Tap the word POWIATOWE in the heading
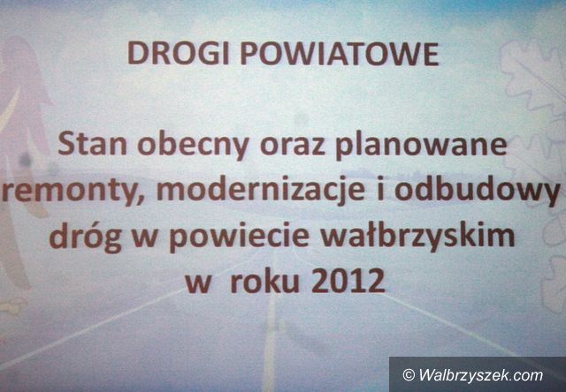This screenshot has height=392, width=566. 340,54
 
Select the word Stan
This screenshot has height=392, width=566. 92,145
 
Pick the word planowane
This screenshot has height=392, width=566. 421,147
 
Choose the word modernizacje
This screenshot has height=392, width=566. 261,192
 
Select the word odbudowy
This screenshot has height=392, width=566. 478,192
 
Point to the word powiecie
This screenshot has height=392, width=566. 239,237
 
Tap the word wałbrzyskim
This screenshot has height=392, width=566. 417,237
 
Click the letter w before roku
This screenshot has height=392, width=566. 197,283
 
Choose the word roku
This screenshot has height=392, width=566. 265,281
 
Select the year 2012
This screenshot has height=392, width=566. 348,281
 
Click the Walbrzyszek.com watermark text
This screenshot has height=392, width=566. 481,375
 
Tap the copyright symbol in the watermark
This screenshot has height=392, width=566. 409,375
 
